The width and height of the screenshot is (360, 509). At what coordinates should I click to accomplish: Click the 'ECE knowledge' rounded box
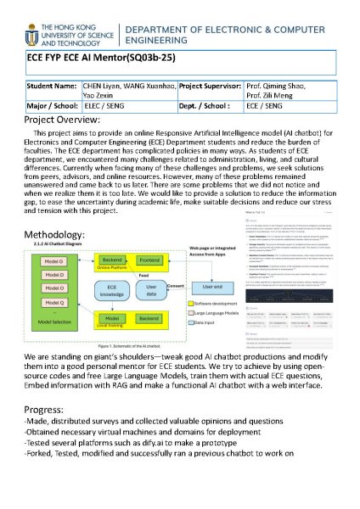tap(110, 294)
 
